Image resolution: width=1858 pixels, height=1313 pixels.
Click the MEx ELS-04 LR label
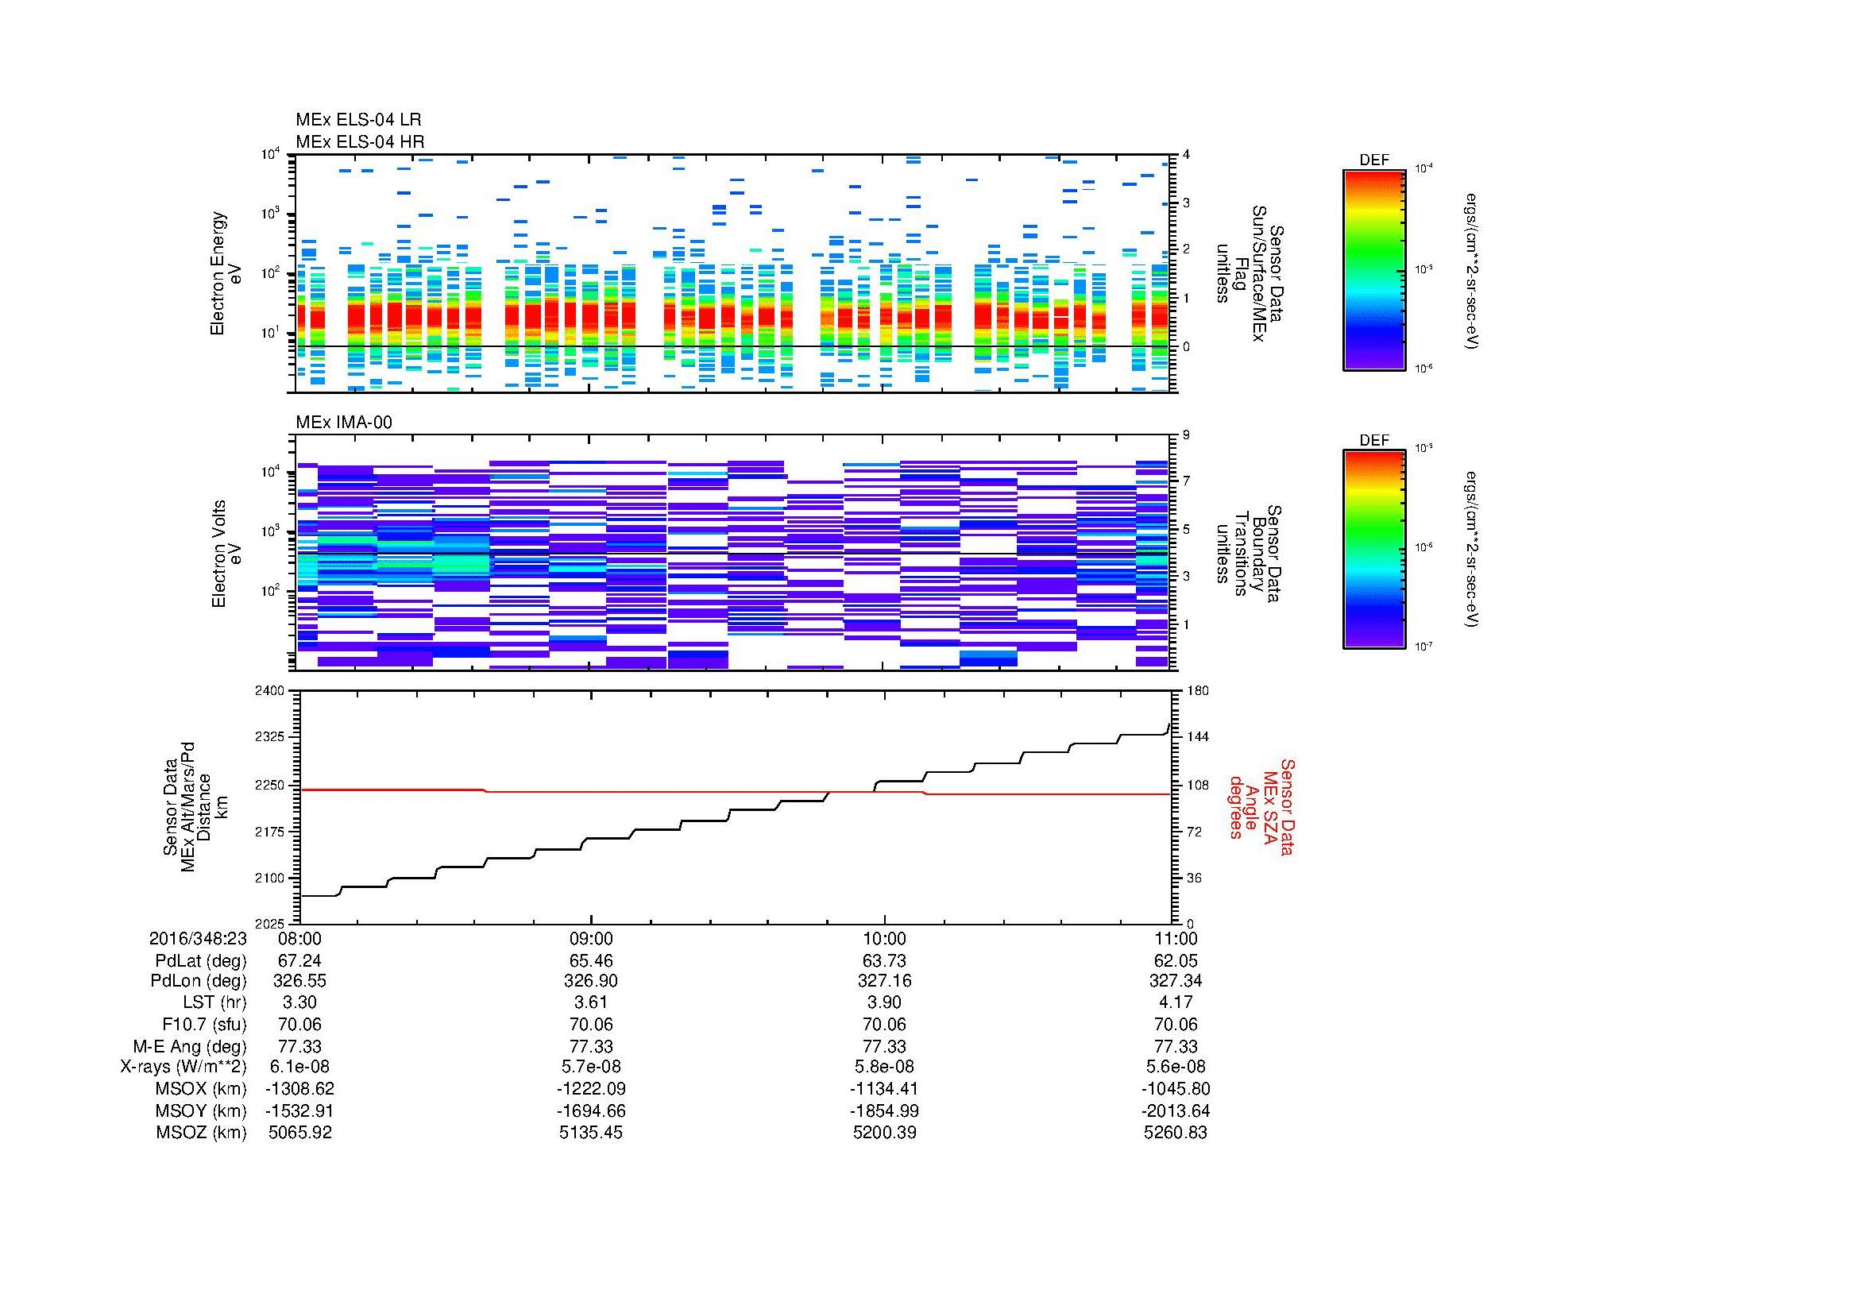point(358,120)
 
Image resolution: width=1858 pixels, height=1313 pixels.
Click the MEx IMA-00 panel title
point(344,423)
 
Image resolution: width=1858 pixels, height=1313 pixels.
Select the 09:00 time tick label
point(592,938)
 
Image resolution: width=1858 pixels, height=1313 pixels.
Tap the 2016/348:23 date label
point(198,938)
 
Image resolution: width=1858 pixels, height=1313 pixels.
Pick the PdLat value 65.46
point(592,961)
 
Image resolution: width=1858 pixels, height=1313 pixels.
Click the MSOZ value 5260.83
point(1175,1133)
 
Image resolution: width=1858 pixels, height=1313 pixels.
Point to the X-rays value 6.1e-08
point(299,1067)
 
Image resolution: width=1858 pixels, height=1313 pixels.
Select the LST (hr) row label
point(214,1002)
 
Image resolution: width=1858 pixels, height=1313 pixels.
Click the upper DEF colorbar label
point(1374,160)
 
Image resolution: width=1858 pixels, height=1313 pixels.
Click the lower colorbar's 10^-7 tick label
point(1423,647)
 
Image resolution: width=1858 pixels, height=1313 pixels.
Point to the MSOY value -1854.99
point(884,1110)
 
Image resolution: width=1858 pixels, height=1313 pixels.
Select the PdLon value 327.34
point(1175,981)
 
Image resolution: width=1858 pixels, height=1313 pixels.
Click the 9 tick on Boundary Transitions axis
point(1186,435)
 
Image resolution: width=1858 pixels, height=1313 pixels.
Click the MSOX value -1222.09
point(592,1089)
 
